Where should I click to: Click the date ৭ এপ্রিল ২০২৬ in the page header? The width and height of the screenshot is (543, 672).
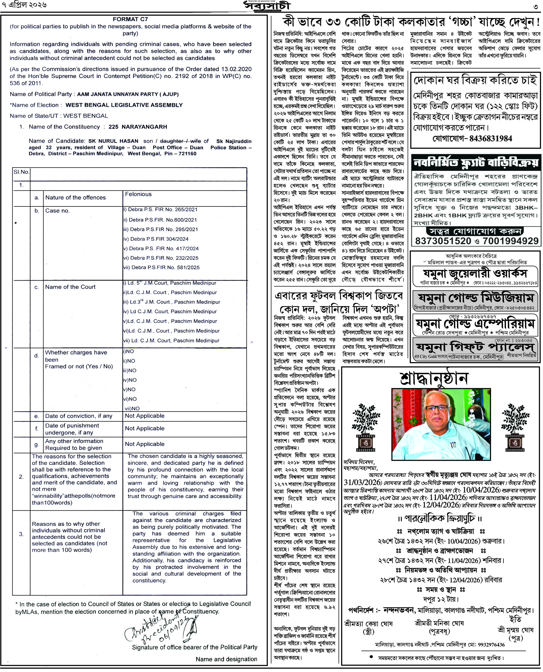pos(24,5)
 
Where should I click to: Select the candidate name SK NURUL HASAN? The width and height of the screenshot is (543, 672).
pos(113,141)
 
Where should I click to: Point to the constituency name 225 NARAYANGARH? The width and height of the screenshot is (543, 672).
pos(138,127)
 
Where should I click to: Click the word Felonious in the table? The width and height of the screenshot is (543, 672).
pos(138,194)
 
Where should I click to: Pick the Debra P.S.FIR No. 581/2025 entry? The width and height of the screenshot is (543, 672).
pos(161,267)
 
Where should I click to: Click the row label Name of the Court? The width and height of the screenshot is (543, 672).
pos(70,287)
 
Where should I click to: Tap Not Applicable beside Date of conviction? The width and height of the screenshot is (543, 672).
pos(144,416)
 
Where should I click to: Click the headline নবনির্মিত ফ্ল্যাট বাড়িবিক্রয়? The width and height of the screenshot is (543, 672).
pos(476,163)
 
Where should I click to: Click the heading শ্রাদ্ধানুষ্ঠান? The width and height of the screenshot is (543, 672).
pos(434,379)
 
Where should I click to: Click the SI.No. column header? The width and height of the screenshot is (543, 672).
pos(21,172)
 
